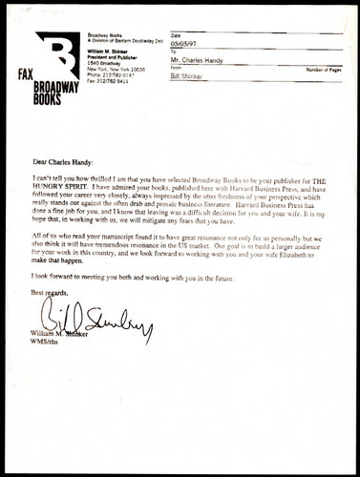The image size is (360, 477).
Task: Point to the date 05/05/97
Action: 185,43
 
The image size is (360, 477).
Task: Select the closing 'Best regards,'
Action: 50,290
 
